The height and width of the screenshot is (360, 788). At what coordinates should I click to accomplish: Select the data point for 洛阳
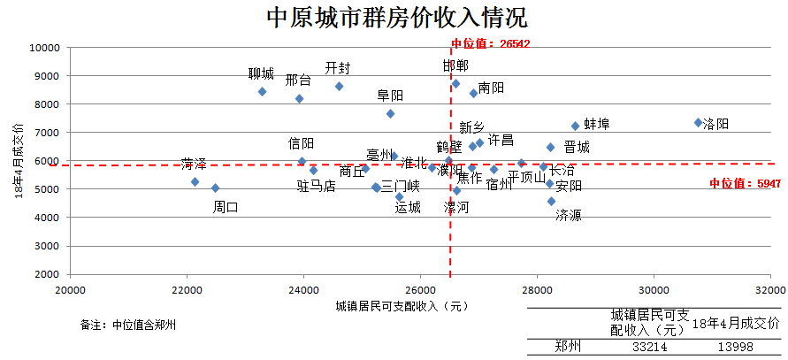(698, 123)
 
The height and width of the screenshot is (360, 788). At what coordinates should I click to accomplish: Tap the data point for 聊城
(262, 91)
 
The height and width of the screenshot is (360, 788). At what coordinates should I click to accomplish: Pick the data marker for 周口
(215, 188)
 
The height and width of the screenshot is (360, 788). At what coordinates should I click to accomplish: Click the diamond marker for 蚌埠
(575, 126)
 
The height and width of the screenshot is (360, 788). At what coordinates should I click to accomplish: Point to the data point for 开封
(339, 86)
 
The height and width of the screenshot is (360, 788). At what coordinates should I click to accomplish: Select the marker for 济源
(551, 202)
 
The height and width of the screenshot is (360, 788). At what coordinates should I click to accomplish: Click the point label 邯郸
(455, 65)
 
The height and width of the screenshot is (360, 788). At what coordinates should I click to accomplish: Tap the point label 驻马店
(316, 186)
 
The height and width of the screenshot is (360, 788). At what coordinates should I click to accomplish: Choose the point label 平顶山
(527, 177)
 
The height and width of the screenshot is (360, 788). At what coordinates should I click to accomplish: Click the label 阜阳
(390, 95)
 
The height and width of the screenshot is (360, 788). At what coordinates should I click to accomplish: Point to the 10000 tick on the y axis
(43, 48)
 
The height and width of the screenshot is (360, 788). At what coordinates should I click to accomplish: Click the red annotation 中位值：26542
(491, 43)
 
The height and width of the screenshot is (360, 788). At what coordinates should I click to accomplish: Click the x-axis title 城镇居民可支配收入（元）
(401, 306)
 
